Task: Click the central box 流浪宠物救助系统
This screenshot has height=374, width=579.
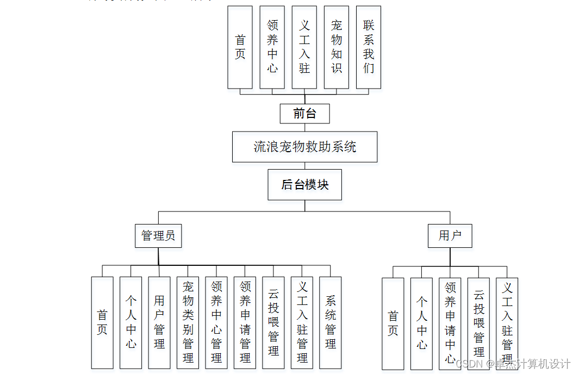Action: point(304,147)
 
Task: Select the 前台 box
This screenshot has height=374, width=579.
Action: point(304,114)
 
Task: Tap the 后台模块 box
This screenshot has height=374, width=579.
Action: point(304,185)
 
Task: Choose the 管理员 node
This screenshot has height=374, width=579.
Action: point(158,235)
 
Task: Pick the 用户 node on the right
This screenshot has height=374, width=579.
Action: point(450,235)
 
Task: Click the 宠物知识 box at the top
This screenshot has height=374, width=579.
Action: point(337,47)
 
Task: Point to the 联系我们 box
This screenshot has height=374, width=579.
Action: point(369,47)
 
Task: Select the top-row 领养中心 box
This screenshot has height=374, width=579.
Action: point(272,47)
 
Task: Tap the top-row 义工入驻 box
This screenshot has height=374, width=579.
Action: point(304,47)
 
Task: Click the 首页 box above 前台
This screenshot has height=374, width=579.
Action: point(240,47)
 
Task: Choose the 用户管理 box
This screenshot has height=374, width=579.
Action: point(159,322)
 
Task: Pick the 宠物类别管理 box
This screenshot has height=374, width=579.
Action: point(188,322)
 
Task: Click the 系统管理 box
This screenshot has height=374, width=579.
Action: point(331,322)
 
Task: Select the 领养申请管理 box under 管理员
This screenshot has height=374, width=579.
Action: point(245,322)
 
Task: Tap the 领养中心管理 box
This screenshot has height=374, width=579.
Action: point(216,322)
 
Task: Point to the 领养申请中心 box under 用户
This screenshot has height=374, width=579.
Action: point(450,323)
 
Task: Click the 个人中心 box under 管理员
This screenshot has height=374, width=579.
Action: point(131,322)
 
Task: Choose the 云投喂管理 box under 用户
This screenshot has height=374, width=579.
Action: point(479,323)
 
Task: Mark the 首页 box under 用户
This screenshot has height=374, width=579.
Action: point(393,323)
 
